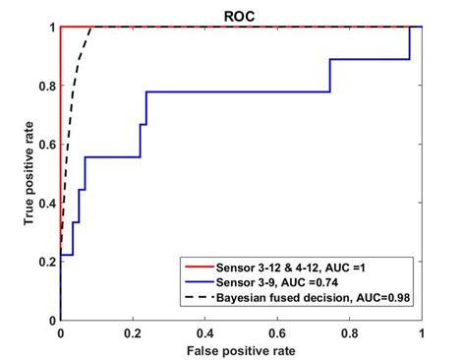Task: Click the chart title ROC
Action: (x=242, y=16)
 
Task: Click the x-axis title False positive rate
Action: (x=242, y=349)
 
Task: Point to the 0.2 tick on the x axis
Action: (x=133, y=333)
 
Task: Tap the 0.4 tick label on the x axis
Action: (x=205, y=333)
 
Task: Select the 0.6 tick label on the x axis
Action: (x=278, y=333)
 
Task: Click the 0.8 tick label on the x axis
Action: (x=350, y=333)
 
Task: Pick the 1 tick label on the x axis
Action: (x=423, y=333)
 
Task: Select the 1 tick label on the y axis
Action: (x=51, y=28)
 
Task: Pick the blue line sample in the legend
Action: (x=203, y=282)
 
